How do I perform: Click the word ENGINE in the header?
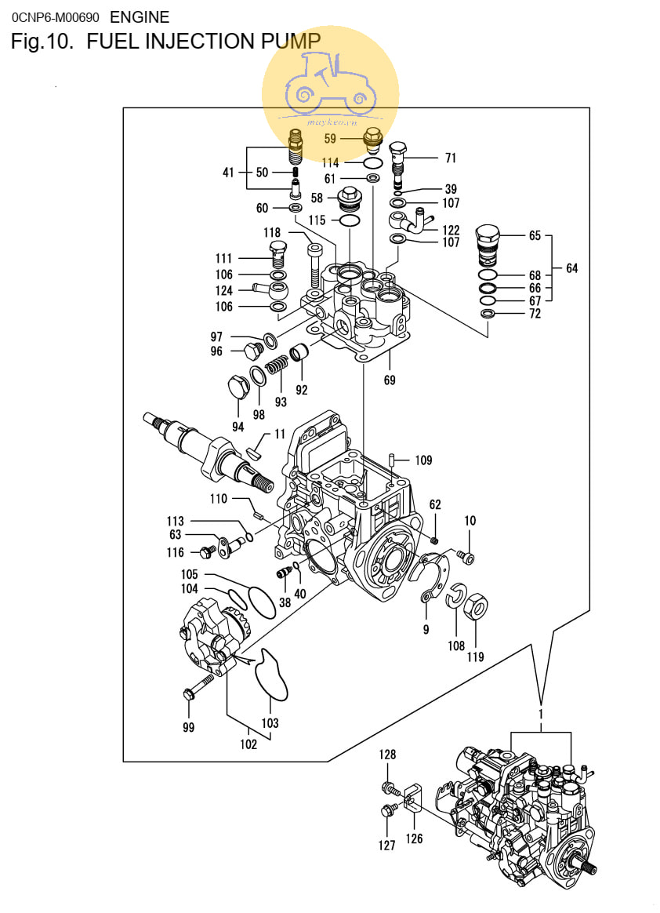[140, 17]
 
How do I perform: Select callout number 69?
[390, 380]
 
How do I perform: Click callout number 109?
[424, 460]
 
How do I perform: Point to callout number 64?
[572, 267]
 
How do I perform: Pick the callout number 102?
[248, 744]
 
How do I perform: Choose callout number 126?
[415, 838]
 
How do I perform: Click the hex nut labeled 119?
[476, 608]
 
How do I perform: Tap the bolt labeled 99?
[196, 687]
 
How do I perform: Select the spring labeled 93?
[277, 366]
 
